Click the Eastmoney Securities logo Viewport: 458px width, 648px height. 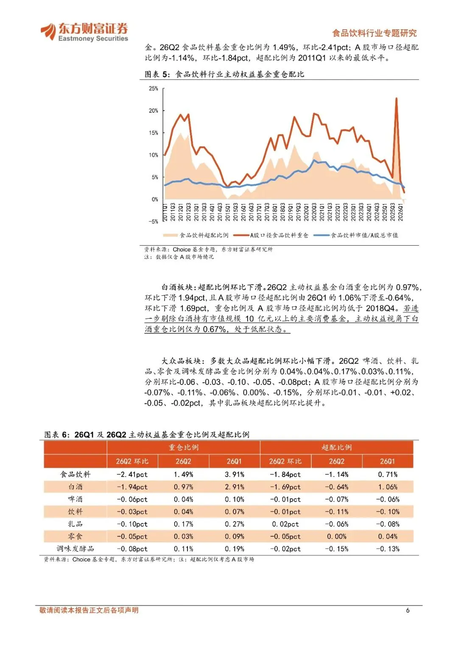tap(84, 32)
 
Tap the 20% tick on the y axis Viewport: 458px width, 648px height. tap(153, 110)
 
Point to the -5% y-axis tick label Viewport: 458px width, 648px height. tap(153, 222)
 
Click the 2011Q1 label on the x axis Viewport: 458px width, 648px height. tap(165, 212)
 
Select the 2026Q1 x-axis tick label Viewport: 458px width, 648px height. tap(401, 212)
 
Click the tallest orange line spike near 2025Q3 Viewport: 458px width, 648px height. tap(396, 98)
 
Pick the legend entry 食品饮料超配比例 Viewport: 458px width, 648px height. tap(196, 235)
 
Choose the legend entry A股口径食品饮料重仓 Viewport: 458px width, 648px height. tap(271, 235)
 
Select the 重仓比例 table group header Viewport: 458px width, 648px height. tap(184, 448)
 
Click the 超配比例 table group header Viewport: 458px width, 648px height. tap(337, 448)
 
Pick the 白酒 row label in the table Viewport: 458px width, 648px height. tap(75, 487)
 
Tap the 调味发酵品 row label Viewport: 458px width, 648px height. tap(75, 549)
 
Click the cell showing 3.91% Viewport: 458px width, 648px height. tap(235, 474)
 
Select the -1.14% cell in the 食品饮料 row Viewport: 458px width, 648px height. tap(337, 474)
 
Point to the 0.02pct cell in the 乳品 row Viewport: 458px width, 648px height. tap(285, 524)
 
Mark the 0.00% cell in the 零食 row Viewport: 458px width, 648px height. tap(337, 537)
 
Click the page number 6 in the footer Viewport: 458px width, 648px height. tap(408, 610)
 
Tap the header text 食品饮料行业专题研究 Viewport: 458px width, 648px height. tap(374, 33)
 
